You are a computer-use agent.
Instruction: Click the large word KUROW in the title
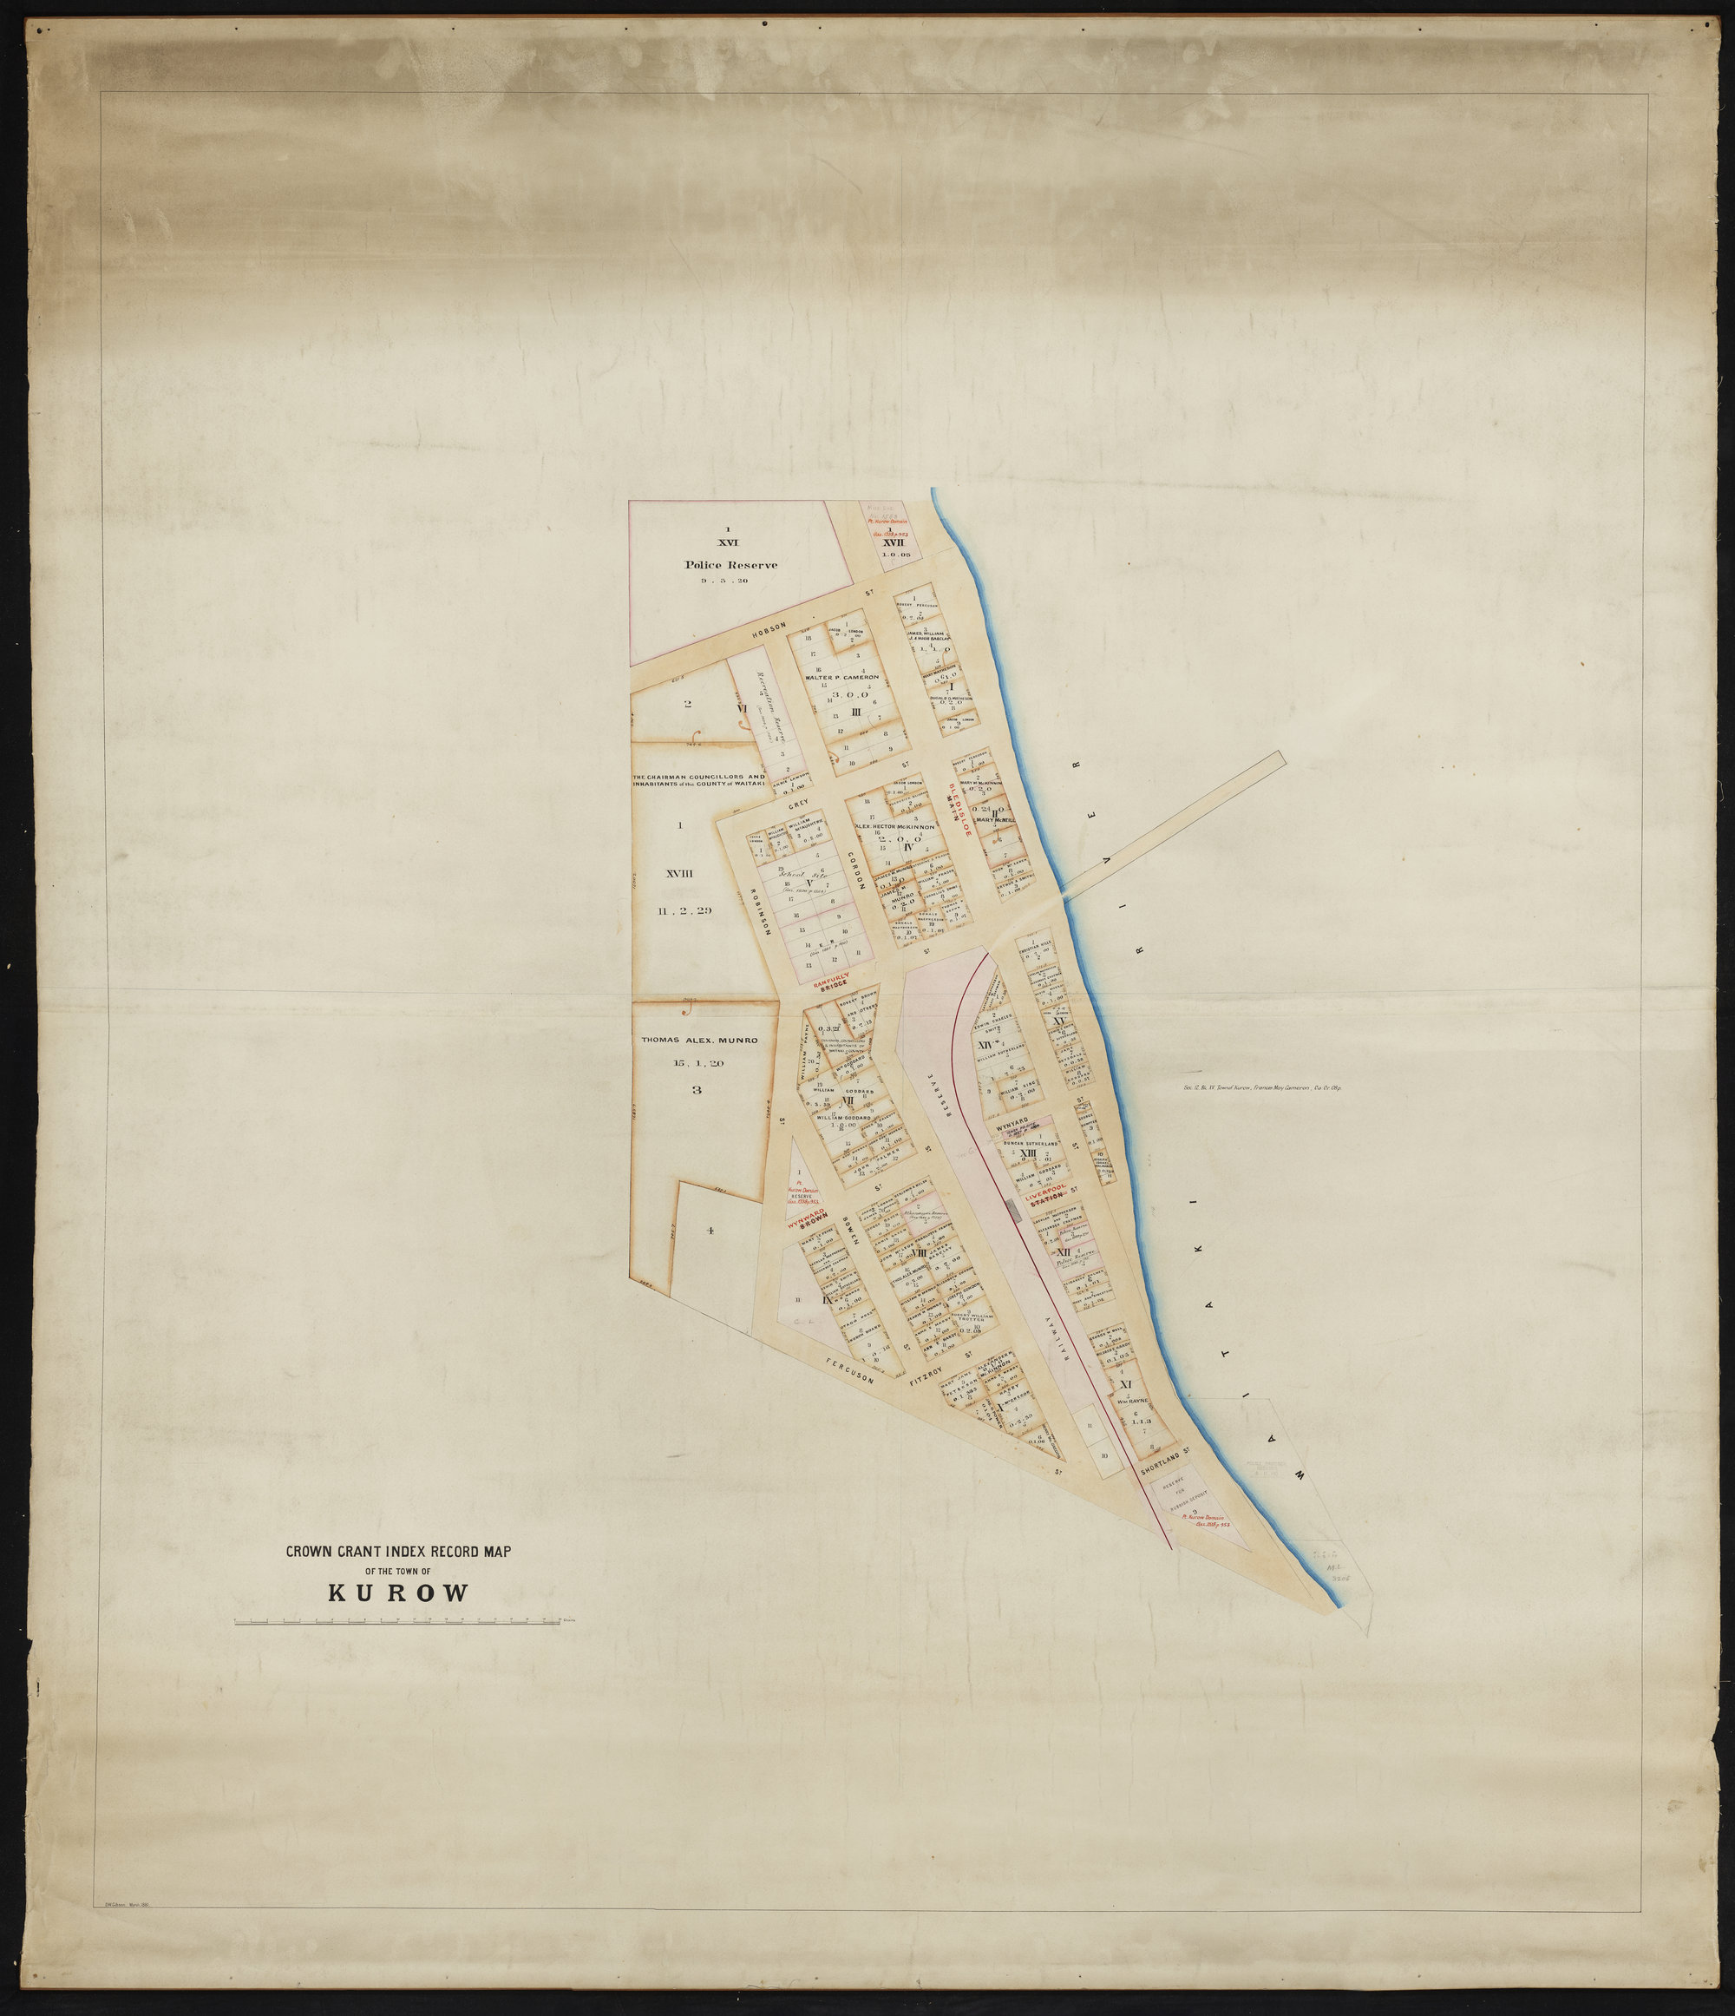point(398,1593)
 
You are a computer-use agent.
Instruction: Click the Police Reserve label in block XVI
point(730,564)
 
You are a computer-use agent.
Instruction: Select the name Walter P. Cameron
point(842,676)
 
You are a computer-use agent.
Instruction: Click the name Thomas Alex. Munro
point(698,1040)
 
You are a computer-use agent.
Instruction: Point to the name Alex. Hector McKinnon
point(894,827)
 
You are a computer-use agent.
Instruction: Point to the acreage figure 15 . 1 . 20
point(697,1063)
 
